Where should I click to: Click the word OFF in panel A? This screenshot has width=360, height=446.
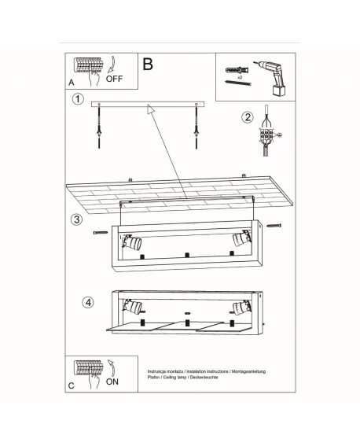click(114, 79)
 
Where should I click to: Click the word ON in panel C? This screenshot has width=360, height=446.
click(112, 381)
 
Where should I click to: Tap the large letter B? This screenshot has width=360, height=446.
click(148, 64)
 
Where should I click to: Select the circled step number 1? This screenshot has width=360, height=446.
click(78, 99)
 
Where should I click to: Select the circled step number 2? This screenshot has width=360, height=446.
click(247, 117)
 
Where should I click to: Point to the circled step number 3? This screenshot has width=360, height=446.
click(76, 219)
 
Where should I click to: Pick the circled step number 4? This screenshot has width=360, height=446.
click(88, 302)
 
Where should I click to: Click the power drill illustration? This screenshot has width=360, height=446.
click(272, 79)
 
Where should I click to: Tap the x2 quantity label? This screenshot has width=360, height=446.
click(240, 77)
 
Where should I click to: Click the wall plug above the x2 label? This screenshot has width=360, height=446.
click(237, 70)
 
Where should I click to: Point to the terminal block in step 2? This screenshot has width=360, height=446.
click(266, 135)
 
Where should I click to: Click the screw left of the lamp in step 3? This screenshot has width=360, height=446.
click(101, 232)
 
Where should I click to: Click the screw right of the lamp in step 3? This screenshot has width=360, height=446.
click(274, 226)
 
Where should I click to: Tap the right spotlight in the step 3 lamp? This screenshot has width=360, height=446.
click(242, 238)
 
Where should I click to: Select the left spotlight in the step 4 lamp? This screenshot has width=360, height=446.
click(132, 307)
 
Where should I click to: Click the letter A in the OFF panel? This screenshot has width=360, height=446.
click(72, 83)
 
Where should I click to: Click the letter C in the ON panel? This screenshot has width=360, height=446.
click(71, 385)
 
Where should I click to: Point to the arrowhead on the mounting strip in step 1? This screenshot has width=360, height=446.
click(151, 109)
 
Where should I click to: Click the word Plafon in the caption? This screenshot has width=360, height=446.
click(152, 377)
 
